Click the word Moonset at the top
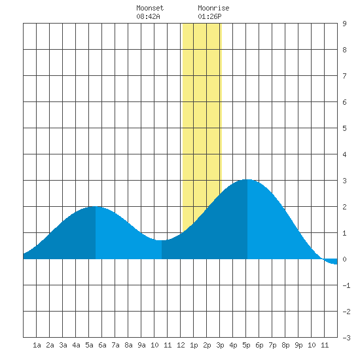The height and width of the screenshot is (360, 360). [150, 8]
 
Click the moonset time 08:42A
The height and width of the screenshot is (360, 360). [148, 16]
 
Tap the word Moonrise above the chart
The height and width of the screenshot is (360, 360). [213, 8]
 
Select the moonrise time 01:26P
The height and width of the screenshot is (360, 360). [209, 16]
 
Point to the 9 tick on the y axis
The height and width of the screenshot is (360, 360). [344, 24]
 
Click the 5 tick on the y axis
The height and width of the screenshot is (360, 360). [344, 128]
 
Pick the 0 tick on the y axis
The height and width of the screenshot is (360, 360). [344, 259]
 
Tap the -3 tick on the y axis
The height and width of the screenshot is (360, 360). [346, 338]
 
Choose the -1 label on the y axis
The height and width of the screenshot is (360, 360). [346, 285]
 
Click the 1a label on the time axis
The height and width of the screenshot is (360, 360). [37, 345]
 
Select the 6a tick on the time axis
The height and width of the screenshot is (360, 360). [102, 345]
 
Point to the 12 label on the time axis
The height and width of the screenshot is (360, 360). [181, 345]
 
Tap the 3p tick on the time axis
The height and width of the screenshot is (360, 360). [220, 345]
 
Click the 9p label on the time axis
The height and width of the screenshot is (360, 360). [298, 345]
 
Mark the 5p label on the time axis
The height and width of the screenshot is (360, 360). [246, 345]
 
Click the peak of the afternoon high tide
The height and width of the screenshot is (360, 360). [247, 179]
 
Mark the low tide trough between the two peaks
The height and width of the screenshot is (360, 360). [162, 240]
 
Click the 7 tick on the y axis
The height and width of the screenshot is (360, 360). [344, 76]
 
